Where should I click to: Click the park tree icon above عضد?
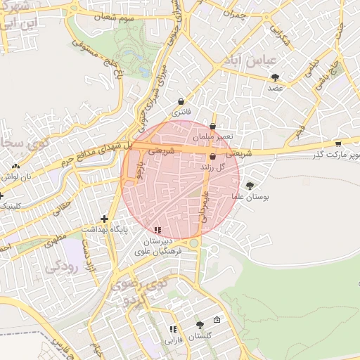tap(274, 77)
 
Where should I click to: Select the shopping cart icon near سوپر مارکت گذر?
tap(338, 143)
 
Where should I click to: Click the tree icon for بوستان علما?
tap(250, 186)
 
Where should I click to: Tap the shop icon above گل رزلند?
tap(212, 157)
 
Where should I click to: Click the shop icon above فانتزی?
tap(181, 101)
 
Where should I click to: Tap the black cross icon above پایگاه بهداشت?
tap(105, 219)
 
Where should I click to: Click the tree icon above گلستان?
tap(200, 325)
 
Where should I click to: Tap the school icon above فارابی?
tap(172, 329)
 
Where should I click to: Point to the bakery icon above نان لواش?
tap(15, 167)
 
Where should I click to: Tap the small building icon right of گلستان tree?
tap(217, 321)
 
